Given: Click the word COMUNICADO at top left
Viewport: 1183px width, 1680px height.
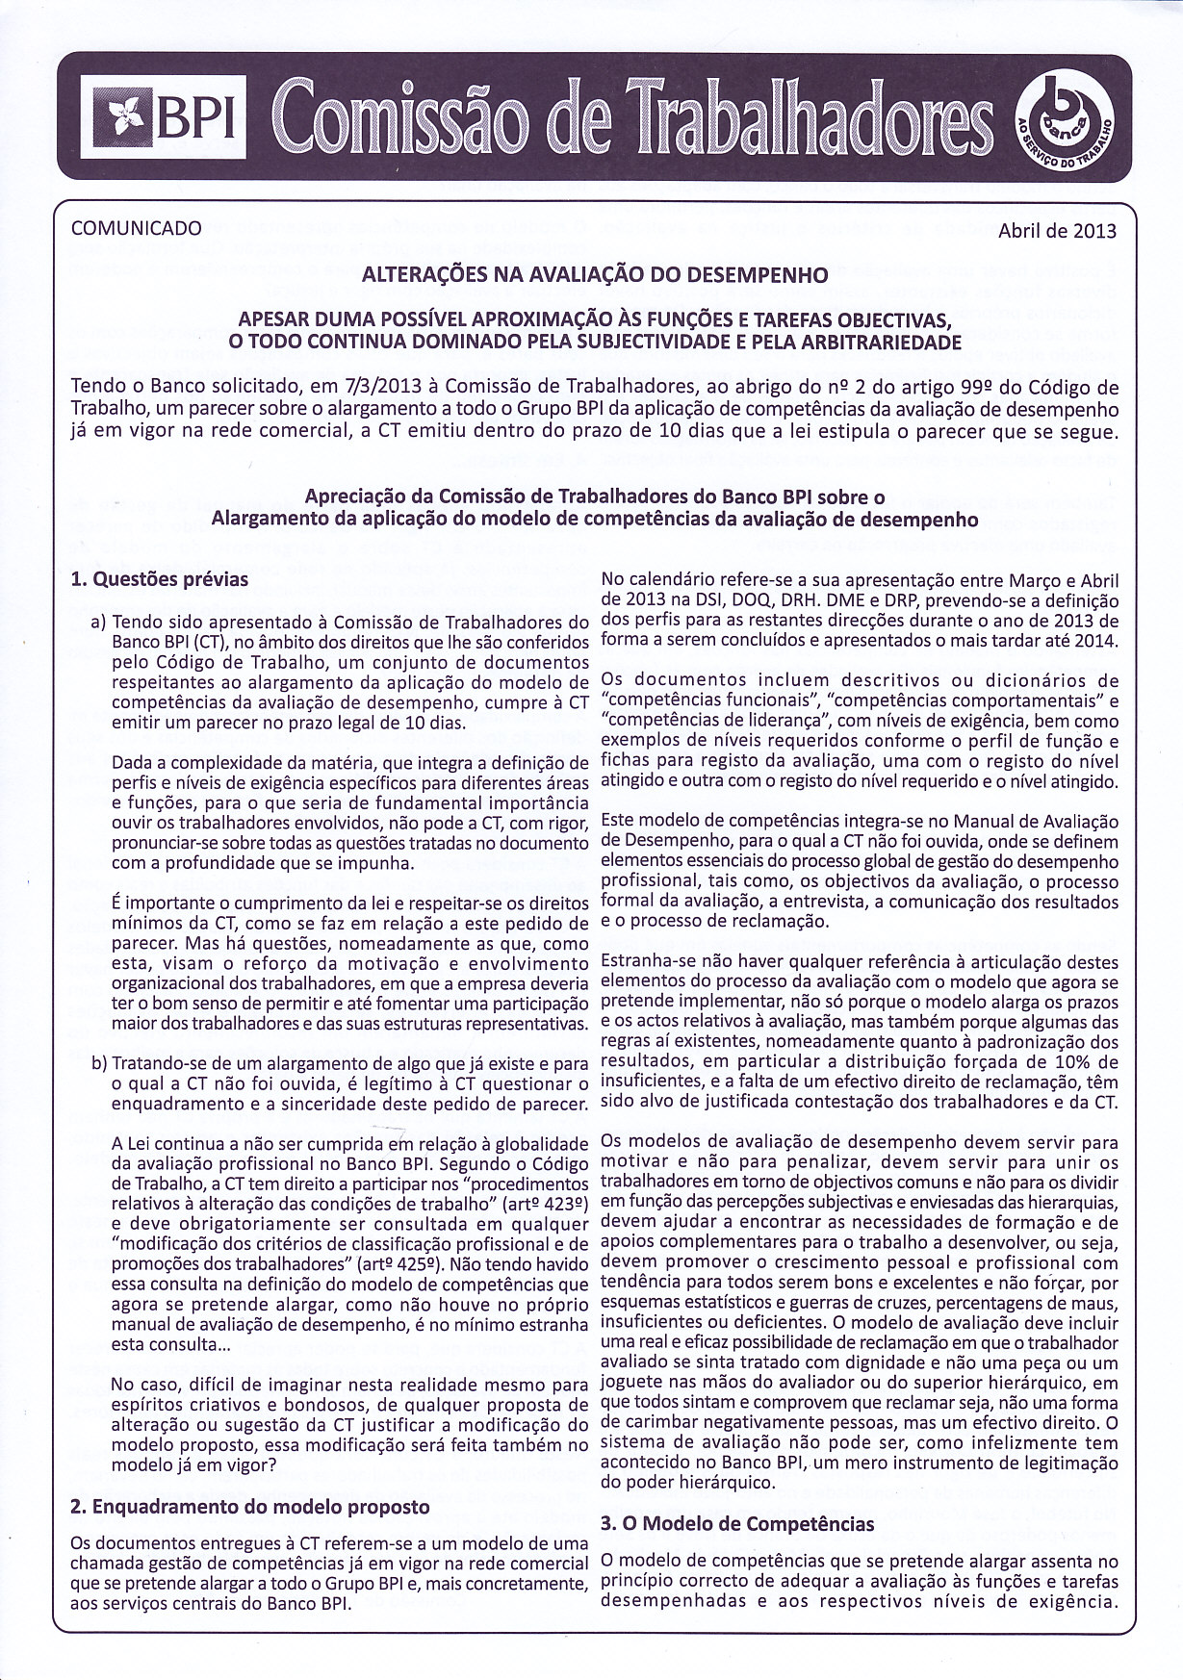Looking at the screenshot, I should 137,228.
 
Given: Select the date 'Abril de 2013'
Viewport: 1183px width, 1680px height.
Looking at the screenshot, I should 1057,230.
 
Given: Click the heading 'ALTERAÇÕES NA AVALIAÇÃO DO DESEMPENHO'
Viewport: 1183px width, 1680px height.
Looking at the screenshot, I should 594,274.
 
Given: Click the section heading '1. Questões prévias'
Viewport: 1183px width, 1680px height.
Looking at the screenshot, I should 160,579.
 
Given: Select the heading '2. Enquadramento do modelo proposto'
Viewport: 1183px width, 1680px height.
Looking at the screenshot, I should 250,1506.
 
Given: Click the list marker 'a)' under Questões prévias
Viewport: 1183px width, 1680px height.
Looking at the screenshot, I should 97,623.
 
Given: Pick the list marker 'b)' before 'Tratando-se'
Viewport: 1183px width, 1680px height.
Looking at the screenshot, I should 98,1065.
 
